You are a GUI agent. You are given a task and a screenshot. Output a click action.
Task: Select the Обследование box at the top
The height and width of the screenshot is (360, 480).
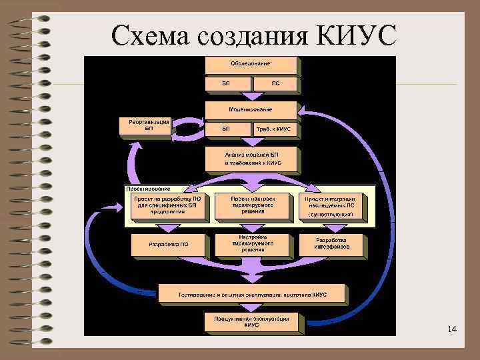pos(251,64)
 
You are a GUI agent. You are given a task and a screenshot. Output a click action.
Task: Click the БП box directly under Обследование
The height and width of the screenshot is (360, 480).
pos(227,84)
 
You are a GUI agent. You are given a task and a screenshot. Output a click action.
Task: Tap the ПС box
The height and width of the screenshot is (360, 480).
pos(276,84)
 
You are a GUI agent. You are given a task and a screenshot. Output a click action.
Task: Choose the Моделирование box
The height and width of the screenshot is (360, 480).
pos(251,109)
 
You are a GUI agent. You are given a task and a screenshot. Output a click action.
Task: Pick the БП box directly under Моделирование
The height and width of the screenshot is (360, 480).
pos(227,129)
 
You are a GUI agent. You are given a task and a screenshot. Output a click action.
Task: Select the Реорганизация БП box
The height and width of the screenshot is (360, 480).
pos(145,125)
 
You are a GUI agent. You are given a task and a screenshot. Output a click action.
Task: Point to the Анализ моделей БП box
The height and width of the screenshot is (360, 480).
pos(252,158)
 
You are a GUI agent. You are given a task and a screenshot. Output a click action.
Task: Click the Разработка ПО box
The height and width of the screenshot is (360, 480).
pos(169,244)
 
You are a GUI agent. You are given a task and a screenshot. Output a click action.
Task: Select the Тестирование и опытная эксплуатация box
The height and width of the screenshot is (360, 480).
pos(252,294)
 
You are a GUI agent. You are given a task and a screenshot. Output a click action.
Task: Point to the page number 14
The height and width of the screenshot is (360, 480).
pos(452,329)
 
